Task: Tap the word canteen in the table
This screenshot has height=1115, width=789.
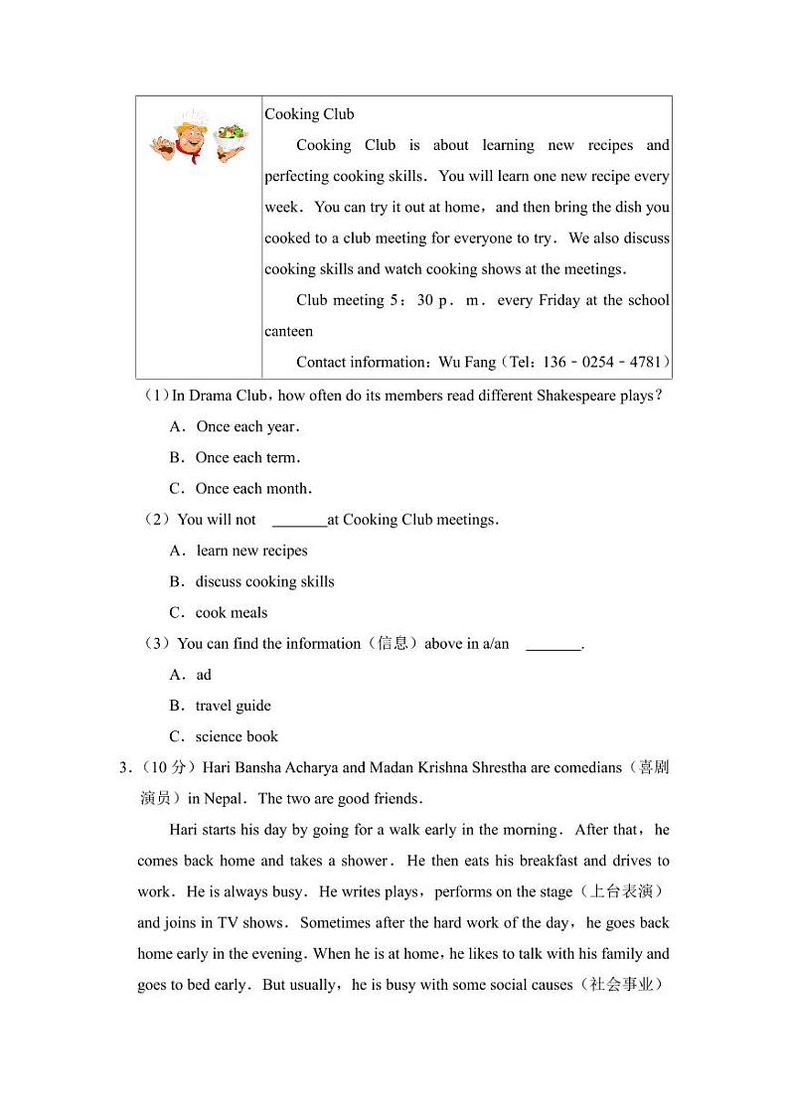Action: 288,331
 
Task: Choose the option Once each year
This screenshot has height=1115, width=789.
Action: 247,426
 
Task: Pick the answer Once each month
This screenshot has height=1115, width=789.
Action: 253,488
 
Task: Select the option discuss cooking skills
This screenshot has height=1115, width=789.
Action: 264,581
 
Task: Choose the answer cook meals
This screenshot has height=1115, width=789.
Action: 232,612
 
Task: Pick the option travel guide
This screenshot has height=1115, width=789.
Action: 233,706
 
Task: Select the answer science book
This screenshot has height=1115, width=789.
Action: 237,736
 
